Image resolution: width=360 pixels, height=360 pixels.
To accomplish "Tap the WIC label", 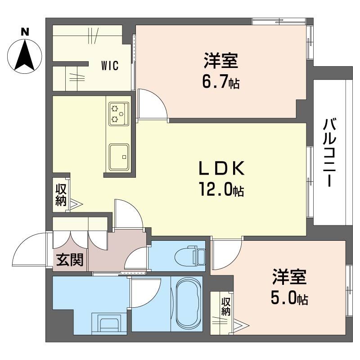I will pos(109,66).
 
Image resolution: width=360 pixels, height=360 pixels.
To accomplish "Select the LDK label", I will pos(222,170).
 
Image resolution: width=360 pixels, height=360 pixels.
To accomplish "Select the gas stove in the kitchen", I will pos(119,114).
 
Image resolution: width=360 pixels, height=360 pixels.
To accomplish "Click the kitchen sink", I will pos(119,157).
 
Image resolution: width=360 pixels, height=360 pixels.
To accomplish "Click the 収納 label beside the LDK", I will pos(61,195).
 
